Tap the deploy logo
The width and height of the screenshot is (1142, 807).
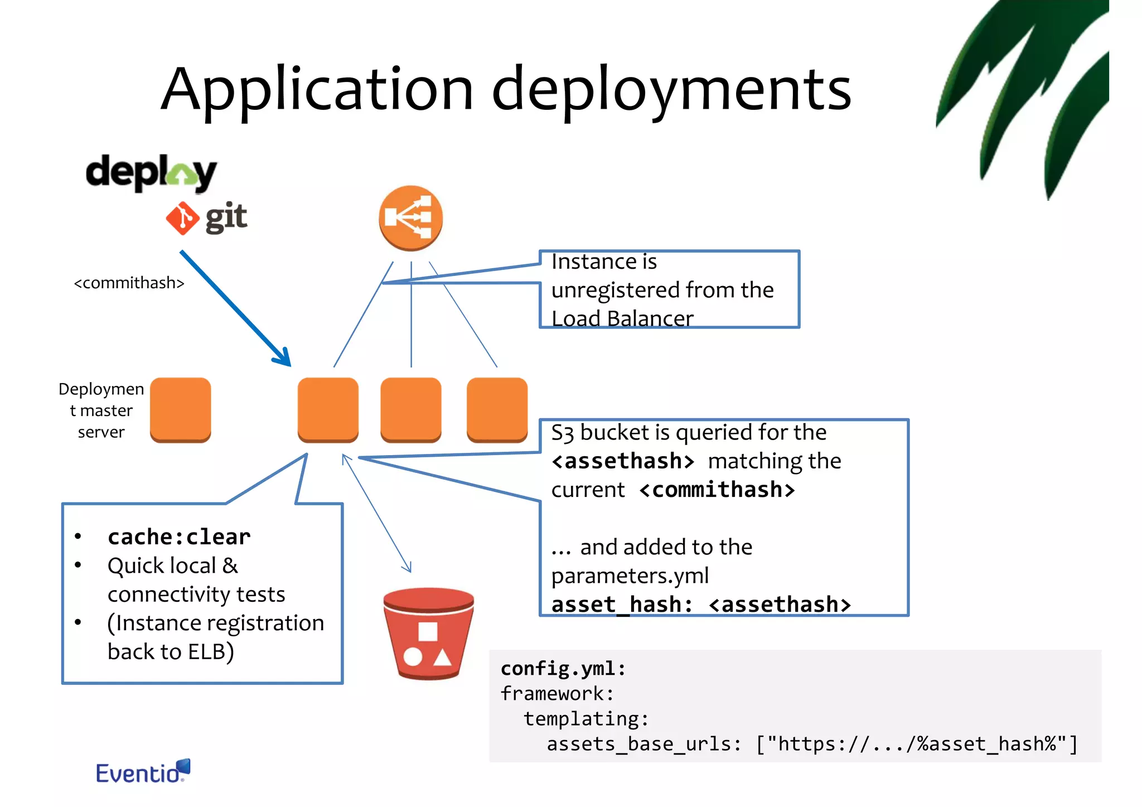(x=151, y=173)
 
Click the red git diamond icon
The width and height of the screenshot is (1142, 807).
(x=182, y=218)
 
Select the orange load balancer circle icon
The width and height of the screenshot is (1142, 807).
(x=411, y=218)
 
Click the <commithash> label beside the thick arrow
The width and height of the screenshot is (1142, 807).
(x=129, y=283)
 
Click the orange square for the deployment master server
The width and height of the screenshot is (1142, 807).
(x=181, y=409)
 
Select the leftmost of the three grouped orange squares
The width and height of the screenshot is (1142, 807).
(x=328, y=409)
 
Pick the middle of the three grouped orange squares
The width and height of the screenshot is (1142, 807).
(x=411, y=409)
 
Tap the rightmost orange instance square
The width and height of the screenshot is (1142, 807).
(x=497, y=409)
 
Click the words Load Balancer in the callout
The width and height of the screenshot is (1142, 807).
(x=622, y=318)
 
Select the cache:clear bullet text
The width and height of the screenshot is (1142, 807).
(x=179, y=537)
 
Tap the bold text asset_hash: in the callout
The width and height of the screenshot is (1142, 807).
(x=622, y=605)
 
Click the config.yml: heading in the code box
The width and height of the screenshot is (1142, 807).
(x=563, y=668)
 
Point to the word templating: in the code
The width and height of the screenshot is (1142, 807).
(x=586, y=719)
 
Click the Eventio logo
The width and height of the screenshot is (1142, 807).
(x=143, y=772)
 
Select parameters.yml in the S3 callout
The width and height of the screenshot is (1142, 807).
(x=630, y=576)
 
